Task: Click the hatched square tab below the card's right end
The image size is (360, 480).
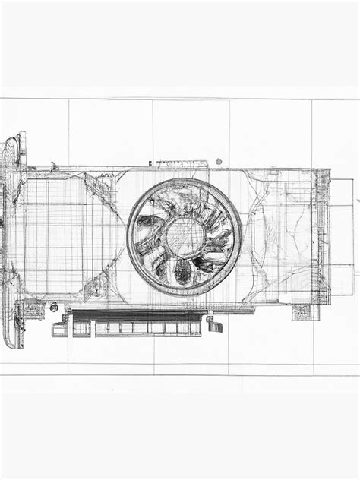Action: tap(301, 312)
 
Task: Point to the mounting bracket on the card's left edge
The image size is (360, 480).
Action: tap(11, 235)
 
